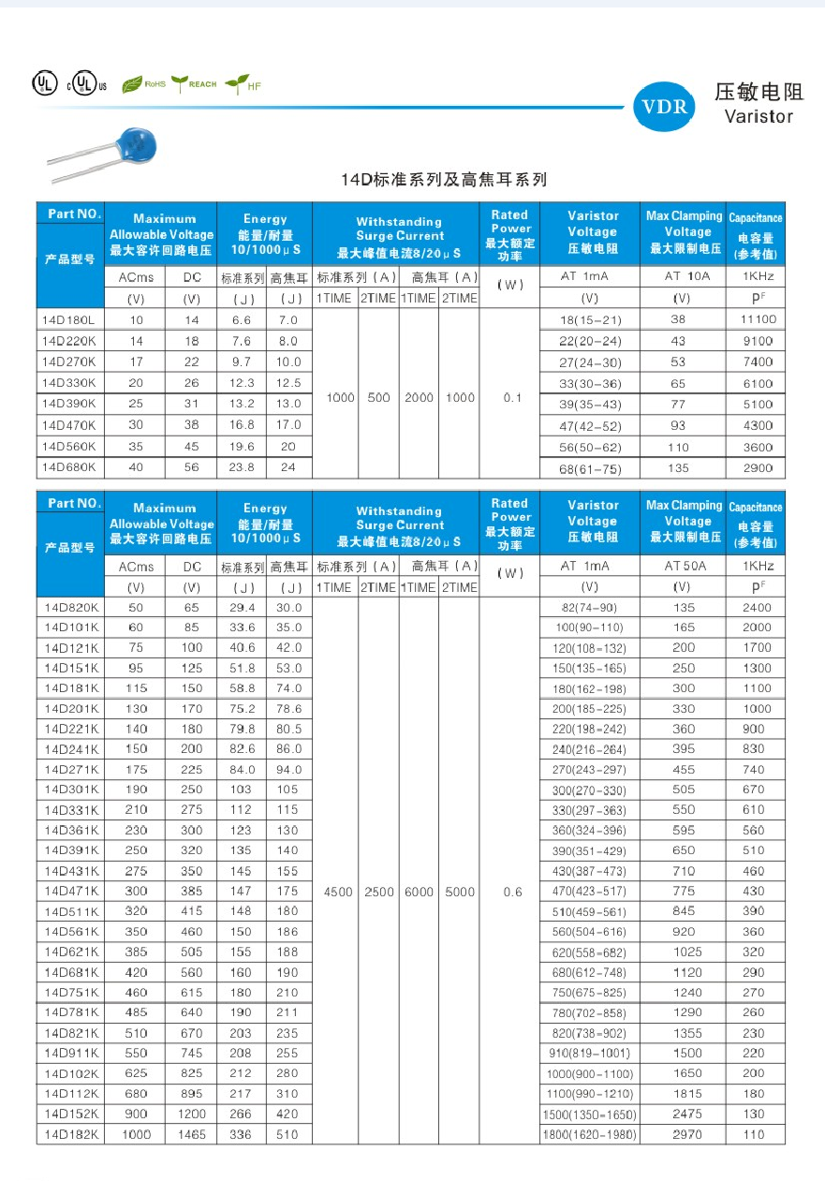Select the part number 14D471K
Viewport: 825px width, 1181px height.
69,891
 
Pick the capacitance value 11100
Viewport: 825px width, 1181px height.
758,319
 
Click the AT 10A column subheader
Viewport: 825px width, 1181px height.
687,276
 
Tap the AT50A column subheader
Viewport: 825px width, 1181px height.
687,567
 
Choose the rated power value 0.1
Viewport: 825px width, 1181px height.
511,398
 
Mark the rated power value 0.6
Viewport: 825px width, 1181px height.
512,892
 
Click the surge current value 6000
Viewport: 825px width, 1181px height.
419,892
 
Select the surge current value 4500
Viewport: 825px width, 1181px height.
338,892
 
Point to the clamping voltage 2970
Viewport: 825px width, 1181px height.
684,1134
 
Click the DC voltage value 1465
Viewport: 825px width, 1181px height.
191,1134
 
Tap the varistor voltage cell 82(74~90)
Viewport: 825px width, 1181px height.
590,608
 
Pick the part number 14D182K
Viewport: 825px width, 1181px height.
69,1134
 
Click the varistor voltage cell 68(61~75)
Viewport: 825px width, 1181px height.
590,468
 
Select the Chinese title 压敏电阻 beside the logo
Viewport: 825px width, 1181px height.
759,92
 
